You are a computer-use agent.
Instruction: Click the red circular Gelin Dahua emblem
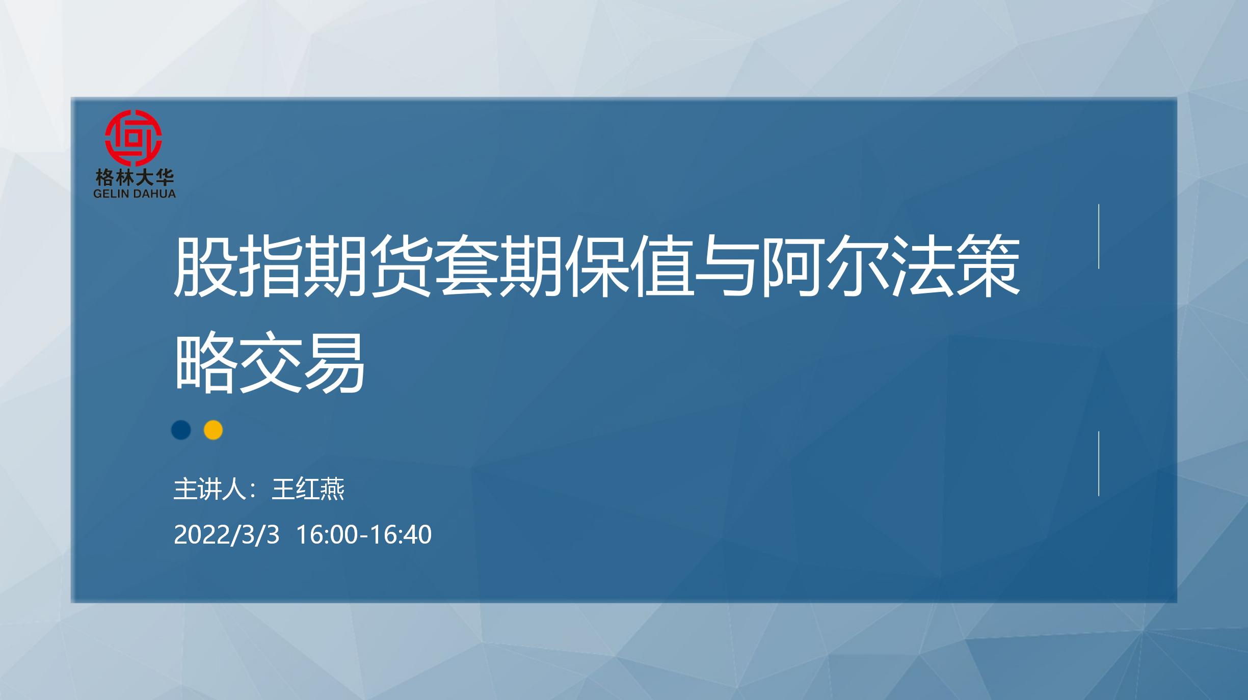click(134, 138)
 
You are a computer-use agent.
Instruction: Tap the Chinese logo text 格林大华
click(135, 178)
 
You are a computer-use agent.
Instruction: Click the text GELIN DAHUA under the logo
click(135, 194)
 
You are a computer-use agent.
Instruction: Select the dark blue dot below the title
click(181, 430)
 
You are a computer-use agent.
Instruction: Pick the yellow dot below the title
click(213, 430)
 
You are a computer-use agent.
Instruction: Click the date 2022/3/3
click(227, 534)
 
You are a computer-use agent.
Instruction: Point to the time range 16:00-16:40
click(364, 534)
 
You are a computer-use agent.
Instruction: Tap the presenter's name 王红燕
click(308, 489)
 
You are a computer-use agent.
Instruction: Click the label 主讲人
click(210, 489)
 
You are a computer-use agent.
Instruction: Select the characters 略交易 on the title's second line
click(270, 362)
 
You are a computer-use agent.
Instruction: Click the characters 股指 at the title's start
click(237, 266)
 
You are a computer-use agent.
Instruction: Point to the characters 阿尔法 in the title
click(858, 266)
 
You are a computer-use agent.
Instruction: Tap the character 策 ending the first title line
click(988, 266)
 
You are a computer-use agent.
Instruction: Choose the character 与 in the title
click(727, 266)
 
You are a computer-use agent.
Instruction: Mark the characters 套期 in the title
click(499, 266)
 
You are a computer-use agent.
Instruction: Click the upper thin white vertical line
click(1099, 236)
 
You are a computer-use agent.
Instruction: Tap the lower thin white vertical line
click(1099, 464)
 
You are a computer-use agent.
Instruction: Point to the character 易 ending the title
click(335, 362)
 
